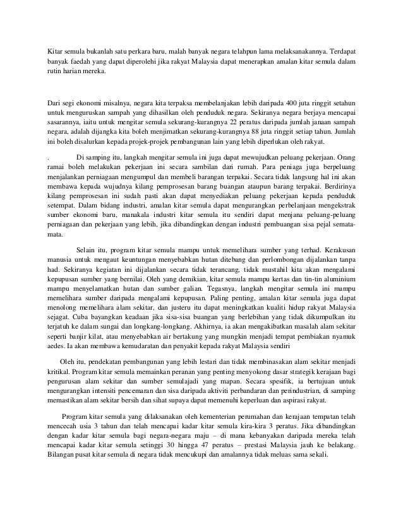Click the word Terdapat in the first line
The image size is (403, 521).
click(340, 51)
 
